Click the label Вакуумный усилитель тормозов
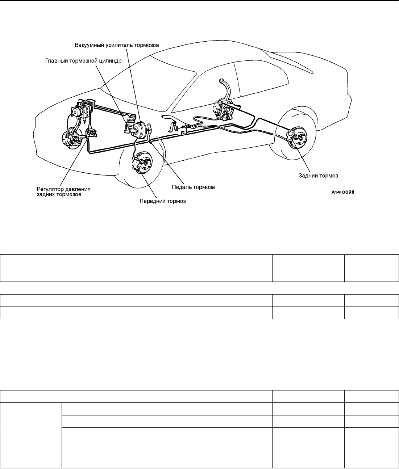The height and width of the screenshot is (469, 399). [117, 45]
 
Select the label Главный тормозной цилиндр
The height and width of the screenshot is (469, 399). [83, 61]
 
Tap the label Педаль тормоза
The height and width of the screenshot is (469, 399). [193, 187]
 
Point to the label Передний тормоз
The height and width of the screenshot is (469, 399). [163, 201]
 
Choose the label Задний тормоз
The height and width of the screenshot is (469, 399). [318, 176]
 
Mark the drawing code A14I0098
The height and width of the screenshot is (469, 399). [343, 192]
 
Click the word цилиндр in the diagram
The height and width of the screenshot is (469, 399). [110, 61]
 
